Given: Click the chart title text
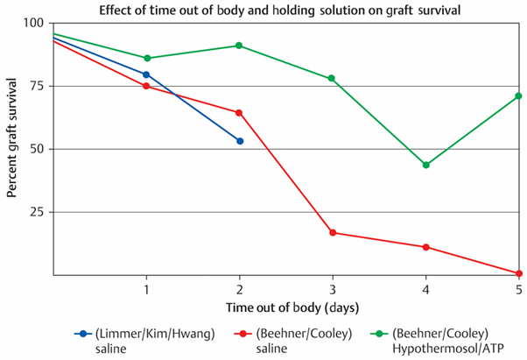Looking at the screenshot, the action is (279, 11).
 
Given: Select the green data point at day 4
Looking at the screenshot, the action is (425, 165).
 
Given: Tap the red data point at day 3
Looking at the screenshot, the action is (333, 233).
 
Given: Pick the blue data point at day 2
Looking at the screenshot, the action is (240, 141).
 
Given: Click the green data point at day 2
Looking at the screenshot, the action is (239, 46).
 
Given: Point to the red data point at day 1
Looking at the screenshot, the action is (146, 86).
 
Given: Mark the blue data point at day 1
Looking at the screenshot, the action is (146, 74).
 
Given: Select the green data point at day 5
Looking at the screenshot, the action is (518, 96).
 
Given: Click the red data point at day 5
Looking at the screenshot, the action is (518, 273).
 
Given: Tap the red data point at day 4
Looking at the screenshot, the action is (425, 247).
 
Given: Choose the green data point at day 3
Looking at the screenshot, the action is (332, 78).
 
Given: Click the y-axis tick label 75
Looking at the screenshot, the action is (37, 86).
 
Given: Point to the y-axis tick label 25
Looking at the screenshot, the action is (37, 212).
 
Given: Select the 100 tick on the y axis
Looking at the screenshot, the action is (33, 23).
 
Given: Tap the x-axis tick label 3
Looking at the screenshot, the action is (333, 290).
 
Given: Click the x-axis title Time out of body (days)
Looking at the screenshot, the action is (292, 308).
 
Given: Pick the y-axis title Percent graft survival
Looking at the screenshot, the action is (11, 138).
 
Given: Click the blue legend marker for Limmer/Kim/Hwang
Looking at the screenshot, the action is (83, 334).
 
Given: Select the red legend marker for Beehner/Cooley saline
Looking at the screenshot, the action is (243, 334).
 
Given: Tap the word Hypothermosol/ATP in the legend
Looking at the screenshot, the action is (448, 349).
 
